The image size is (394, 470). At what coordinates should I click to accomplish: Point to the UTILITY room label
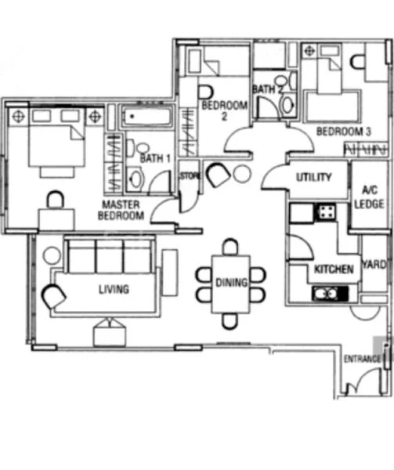tap(314, 177)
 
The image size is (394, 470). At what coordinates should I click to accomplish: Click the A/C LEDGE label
tap(369, 195)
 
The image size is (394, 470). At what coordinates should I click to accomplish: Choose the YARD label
tap(374, 265)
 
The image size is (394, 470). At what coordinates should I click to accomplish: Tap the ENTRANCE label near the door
tap(362, 359)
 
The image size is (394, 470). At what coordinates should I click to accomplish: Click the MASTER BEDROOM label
tap(122, 209)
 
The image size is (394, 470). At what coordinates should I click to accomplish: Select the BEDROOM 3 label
tap(343, 131)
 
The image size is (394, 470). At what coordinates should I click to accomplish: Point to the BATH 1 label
tap(155, 158)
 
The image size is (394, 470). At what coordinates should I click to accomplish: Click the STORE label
tap(190, 177)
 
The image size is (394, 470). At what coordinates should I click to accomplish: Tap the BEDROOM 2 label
tap(213, 110)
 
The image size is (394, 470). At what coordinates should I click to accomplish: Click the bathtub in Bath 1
tap(146, 118)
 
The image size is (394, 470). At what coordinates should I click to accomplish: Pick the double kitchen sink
tap(331, 293)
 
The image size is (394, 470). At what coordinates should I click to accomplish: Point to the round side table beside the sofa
tap(52, 255)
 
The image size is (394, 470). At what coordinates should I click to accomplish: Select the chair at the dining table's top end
tap(230, 248)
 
